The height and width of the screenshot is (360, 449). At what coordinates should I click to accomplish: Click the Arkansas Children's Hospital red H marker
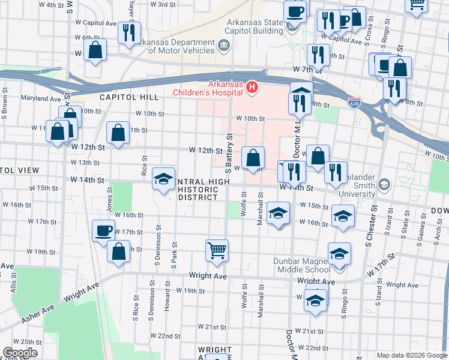[x=252, y=88]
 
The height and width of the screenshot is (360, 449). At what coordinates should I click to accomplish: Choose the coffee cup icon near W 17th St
[x=104, y=230]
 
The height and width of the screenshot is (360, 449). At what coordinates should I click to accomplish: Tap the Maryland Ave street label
[x=41, y=98]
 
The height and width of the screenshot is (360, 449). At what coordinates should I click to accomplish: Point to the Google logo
[x=20, y=353]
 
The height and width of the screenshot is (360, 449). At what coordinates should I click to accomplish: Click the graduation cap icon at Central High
[x=163, y=178]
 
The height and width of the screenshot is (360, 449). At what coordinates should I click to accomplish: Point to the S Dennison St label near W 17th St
[x=158, y=239]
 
